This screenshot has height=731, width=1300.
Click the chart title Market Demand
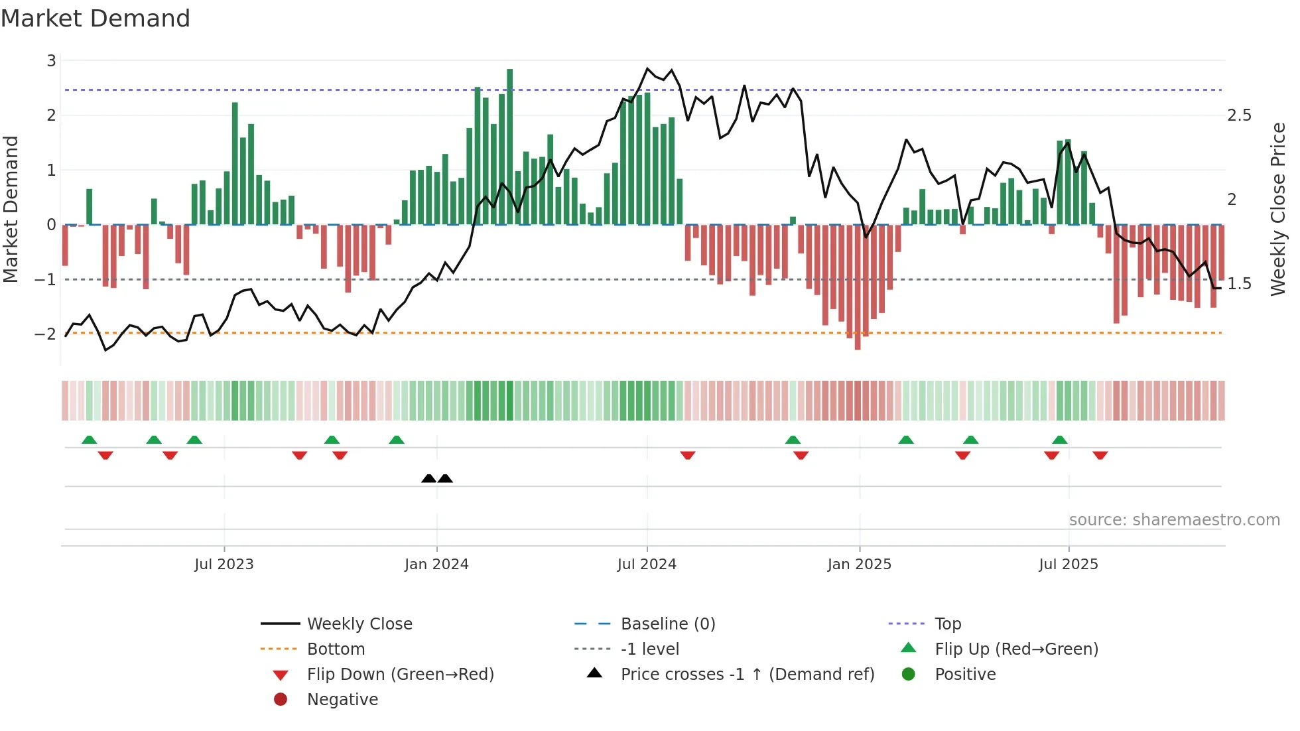point(96,19)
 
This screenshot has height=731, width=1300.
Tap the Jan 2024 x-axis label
point(436,565)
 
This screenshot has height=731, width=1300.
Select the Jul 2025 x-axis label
point(1069,565)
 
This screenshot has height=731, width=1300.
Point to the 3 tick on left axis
point(51,61)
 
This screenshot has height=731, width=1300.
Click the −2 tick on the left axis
point(46,334)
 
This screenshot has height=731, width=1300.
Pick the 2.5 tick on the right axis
point(1239,115)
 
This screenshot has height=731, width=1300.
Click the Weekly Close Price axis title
point(1277,209)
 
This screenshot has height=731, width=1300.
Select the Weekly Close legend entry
point(359,624)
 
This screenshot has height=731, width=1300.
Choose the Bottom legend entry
point(336,649)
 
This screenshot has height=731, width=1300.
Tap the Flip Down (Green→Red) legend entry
point(400,675)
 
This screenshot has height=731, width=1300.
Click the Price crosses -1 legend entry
point(747,675)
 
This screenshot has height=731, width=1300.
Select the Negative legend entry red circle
point(281,700)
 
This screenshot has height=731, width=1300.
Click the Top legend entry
point(948,624)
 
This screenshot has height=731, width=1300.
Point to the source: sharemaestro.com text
point(1174,520)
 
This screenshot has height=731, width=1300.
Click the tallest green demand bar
point(509,146)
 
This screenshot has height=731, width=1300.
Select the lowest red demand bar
point(858,287)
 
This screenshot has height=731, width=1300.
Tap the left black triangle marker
point(428,478)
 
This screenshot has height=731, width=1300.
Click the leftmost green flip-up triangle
point(89,440)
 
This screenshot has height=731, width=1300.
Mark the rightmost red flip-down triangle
point(1100,455)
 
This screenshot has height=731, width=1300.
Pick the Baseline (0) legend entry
point(668,624)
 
